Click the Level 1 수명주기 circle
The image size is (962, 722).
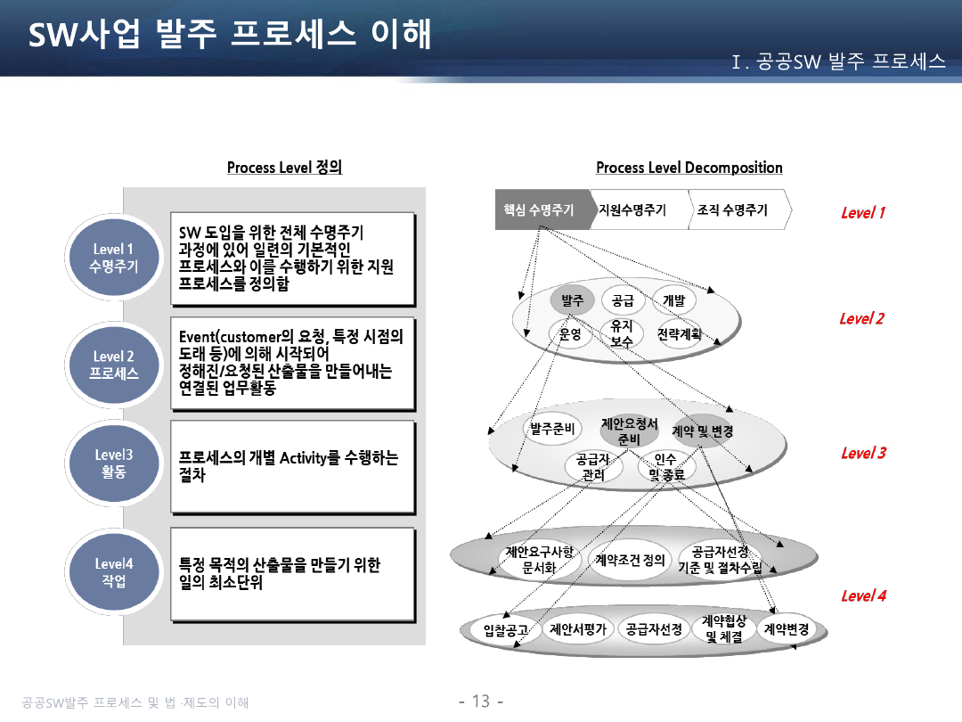113,258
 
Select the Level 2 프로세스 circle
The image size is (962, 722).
113,365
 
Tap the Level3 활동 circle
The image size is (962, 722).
113,463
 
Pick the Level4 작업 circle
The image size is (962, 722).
113,571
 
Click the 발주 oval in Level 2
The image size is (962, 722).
573,300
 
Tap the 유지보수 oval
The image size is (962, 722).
622,333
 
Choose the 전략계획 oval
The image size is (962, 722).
679,334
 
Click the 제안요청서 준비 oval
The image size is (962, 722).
629,431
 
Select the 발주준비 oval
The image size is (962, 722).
552,429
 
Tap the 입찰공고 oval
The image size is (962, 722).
506,630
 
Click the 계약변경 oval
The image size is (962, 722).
786,629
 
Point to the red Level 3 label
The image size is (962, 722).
863,453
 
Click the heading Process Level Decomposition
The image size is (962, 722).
689,168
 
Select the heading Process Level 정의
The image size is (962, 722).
285,167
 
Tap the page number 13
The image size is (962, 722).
481,701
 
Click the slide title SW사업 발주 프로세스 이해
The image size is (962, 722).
230,34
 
